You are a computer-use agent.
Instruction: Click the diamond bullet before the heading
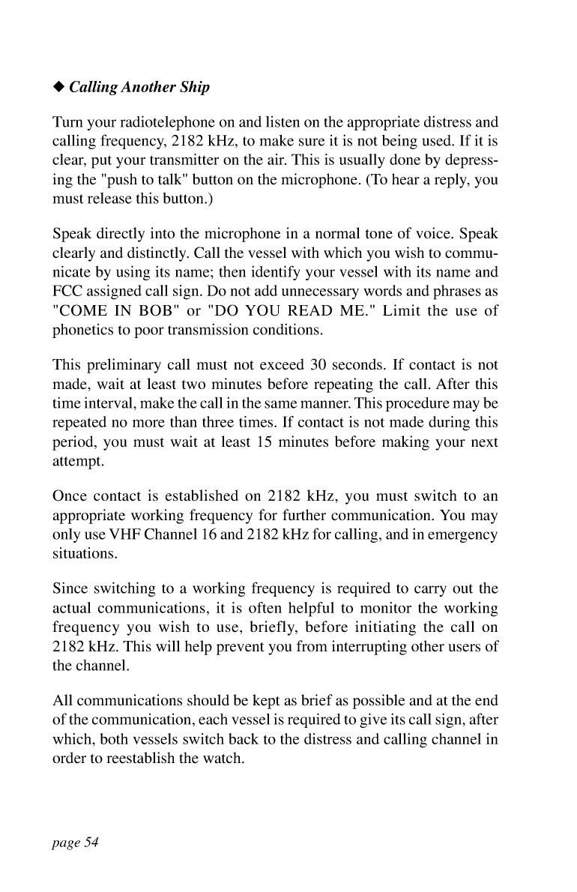[58, 88]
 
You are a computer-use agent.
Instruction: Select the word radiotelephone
[154, 122]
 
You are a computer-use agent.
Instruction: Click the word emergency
[464, 536]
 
